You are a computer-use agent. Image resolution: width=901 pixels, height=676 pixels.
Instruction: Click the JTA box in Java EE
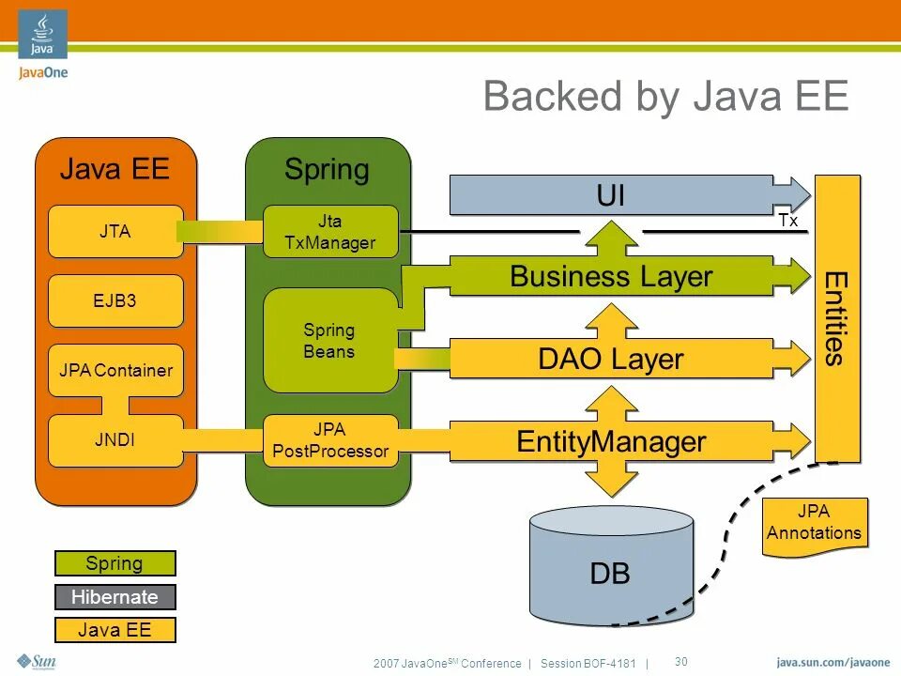pyautogui.click(x=115, y=231)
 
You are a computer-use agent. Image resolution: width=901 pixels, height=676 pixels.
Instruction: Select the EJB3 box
pyautogui.click(x=115, y=300)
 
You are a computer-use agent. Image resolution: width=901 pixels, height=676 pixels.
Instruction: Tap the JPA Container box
pyautogui.click(x=115, y=370)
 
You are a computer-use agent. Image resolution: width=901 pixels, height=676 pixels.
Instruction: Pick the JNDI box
pyautogui.click(x=115, y=440)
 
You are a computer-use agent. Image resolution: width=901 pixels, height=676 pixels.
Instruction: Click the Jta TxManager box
pyautogui.click(x=330, y=231)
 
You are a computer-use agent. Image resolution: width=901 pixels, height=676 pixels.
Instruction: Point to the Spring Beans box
pyautogui.click(x=330, y=340)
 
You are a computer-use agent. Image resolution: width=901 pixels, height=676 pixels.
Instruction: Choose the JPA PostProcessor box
pyautogui.click(x=330, y=440)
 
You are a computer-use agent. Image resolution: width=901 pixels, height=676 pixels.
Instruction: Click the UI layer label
pyautogui.click(x=610, y=195)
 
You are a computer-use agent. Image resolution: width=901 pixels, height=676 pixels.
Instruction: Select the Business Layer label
pyautogui.click(x=611, y=276)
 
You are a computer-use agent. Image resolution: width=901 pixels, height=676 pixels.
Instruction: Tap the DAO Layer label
pyautogui.click(x=611, y=359)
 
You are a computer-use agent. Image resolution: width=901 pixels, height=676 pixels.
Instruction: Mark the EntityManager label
pyautogui.click(x=611, y=441)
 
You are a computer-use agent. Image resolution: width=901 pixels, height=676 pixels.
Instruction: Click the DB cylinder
pyautogui.click(x=611, y=565)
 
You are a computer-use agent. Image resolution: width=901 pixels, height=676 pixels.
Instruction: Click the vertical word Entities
pyautogui.click(x=836, y=319)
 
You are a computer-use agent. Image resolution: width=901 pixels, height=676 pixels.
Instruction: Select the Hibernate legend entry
pyautogui.click(x=115, y=597)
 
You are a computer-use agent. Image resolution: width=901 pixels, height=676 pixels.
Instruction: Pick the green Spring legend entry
pyautogui.click(x=115, y=563)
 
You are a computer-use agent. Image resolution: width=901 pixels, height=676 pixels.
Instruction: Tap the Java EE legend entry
pyautogui.click(x=115, y=630)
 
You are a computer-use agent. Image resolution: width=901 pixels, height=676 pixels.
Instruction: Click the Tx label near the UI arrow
pyautogui.click(x=788, y=220)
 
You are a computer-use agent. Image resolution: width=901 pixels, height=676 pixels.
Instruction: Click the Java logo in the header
pyautogui.click(x=42, y=34)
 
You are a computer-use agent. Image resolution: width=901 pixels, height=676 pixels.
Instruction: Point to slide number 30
pyautogui.click(x=681, y=662)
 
